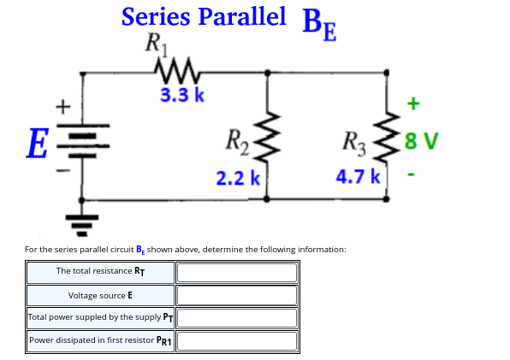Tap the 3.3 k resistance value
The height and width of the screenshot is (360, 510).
click(181, 95)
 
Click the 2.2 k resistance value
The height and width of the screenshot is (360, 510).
click(237, 178)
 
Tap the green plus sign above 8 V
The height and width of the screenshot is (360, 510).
click(412, 103)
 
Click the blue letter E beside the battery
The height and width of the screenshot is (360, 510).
click(35, 140)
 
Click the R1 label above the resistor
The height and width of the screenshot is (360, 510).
click(157, 42)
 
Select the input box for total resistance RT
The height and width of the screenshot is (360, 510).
click(237, 272)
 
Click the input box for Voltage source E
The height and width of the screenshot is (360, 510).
click(237, 295)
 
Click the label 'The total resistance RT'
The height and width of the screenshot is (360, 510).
click(100, 271)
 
